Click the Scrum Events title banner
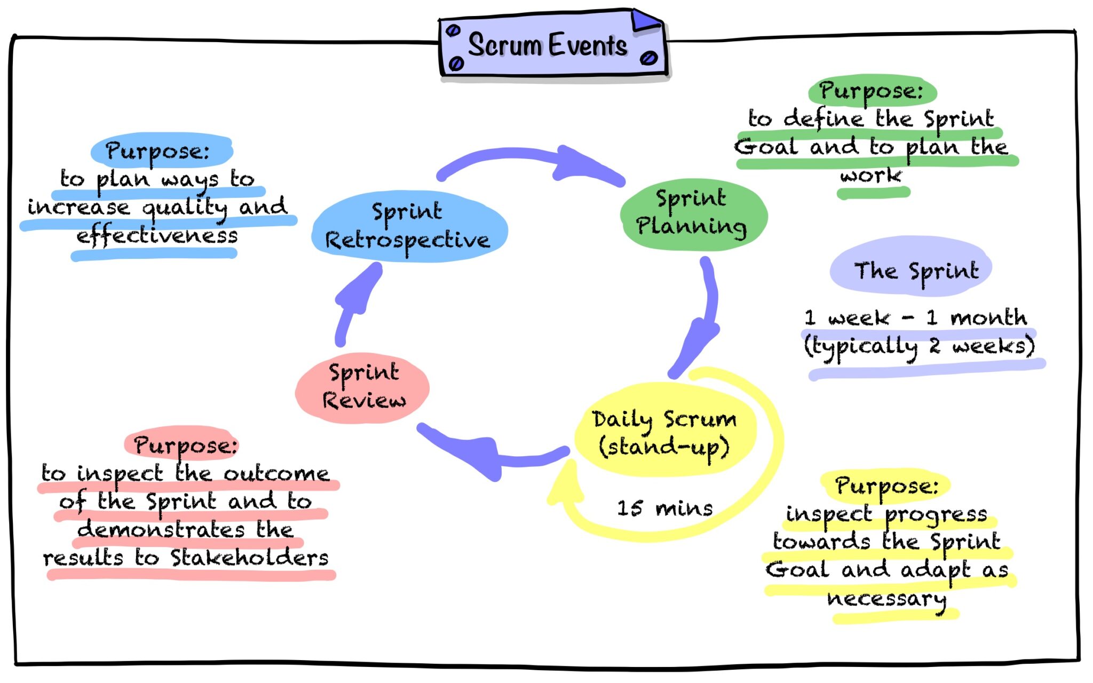[x=550, y=45]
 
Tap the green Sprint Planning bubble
[x=692, y=213]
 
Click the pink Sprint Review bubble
[x=363, y=387]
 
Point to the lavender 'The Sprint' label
[x=914, y=270]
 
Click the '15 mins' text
[x=664, y=508]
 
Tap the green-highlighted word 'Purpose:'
[x=872, y=91]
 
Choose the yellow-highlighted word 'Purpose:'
[x=886, y=486]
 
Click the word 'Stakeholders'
[x=249, y=558]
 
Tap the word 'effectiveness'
[x=157, y=235]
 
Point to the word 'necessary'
[x=886, y=599]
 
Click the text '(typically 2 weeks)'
[x=919, y=346]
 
